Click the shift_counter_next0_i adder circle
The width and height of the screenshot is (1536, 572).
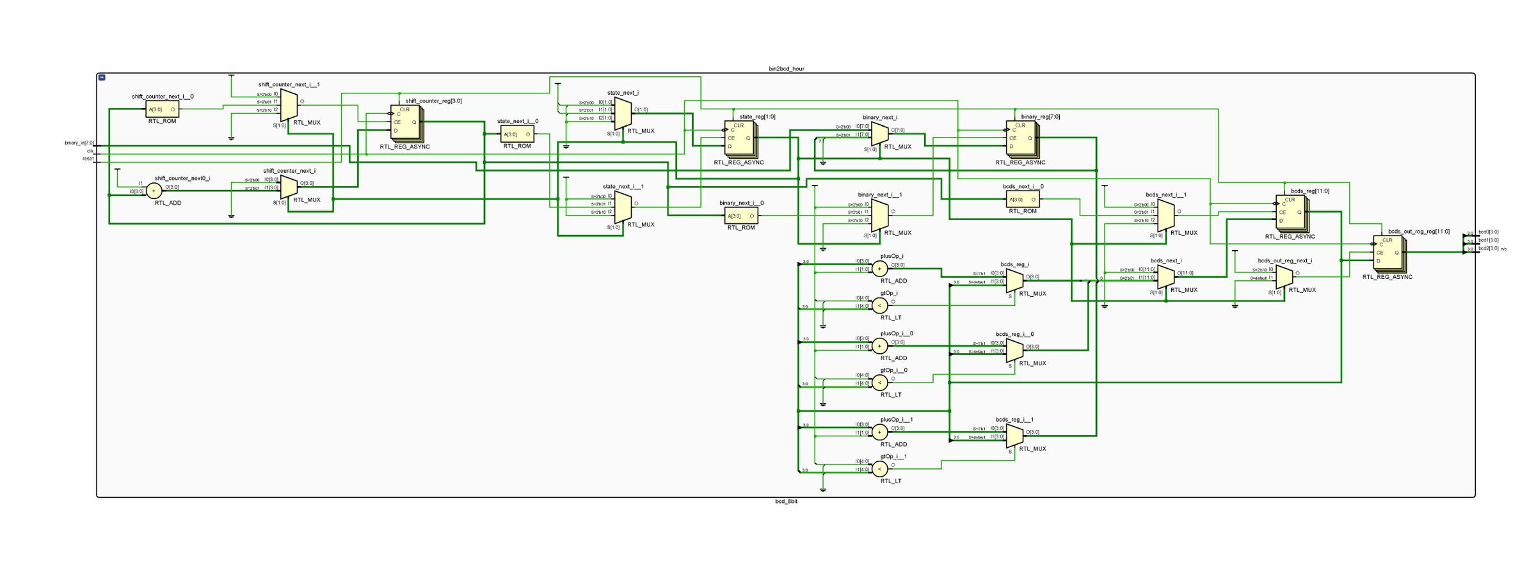tap(154, 191)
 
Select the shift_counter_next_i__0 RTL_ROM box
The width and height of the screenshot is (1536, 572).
tap(163, 109)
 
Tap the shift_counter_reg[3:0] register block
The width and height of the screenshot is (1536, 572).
tap(405, 123)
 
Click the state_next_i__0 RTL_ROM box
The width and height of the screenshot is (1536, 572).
tap(517, 134)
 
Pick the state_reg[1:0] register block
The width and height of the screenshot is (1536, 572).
tap(739, 138)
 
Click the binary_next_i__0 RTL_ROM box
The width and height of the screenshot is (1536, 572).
tap(741, 216)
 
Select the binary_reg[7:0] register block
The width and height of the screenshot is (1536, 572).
tap(1021, 138)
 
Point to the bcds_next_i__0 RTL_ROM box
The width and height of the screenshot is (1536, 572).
tap(1023, 200)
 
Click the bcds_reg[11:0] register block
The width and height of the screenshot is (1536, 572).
tap(1290, 212)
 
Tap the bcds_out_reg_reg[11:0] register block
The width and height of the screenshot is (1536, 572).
tap(1388, 253)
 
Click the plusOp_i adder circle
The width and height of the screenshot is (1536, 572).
tap(880, 269)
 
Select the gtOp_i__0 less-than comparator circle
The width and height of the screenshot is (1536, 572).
tap(880, 383)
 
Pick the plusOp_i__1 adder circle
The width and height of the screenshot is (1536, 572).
tap(880, 432)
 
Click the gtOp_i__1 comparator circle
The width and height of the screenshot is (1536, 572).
tap(880, 469)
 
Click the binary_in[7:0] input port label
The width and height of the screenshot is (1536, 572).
tap(79, 143)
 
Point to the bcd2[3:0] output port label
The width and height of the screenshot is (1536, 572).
tap(1488, 248)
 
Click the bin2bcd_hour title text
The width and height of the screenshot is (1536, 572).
tap(786, 68)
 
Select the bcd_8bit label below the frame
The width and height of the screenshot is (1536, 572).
tap(786, 502)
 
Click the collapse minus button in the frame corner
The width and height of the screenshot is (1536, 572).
tap(102, 77)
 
